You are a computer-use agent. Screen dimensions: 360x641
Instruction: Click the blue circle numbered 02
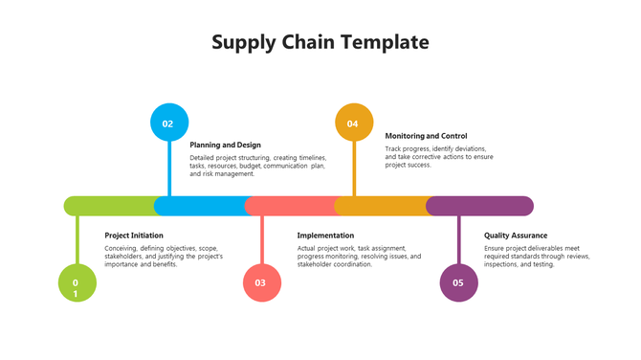pyautogui.click(x=169, y=123)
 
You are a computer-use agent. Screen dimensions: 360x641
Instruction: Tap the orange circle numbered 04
pyautogui.click(x=354, y=123)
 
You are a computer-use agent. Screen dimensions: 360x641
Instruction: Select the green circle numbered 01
pyautogui.click(x=77, y=283)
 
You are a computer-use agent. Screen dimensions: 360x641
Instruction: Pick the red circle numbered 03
pyautogui.click(x=261, y=283)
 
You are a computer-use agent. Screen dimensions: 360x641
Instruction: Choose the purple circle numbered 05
pyautogui.click(x=458, y=283)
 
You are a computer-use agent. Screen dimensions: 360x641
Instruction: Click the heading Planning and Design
pyautogui.click(x=225, y=145)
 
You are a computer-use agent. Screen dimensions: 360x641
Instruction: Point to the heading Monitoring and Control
pyautogui.click(x=426, y=136)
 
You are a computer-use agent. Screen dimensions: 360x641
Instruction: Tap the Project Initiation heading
pyautogui.click(x=134, y=236)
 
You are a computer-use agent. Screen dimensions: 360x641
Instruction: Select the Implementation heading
pyautogui.click(x=325, y=236)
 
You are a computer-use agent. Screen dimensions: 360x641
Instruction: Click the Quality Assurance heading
pyautogui.click(x=516, y=236)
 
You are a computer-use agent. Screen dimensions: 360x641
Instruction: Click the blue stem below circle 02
pyautogui.click(x=169, y=168)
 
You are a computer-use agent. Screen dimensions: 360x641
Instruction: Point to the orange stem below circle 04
pyautogui.click(x=354, y=168)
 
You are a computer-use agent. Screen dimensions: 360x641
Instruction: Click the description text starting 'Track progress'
pyautogui.click(x=439, y=157)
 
